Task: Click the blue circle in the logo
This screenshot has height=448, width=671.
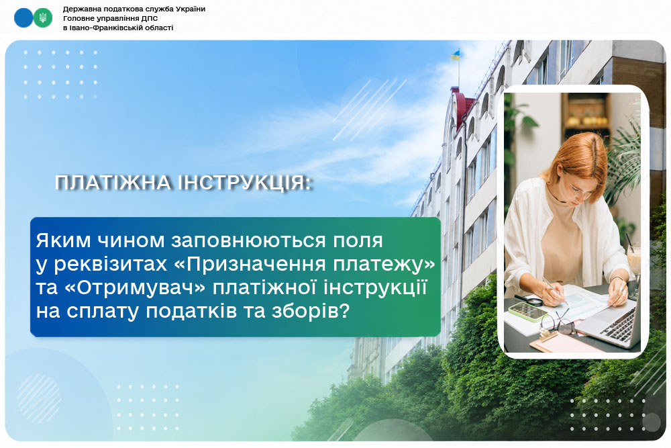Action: (x=23, y=18)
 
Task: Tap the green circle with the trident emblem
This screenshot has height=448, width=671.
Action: (x=43, y=18)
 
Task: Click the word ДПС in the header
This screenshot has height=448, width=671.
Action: (x=149, y=18)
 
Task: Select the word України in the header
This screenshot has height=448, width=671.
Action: (x=191, y=9)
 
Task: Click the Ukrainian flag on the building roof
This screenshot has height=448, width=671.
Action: (x=455, y=54)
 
